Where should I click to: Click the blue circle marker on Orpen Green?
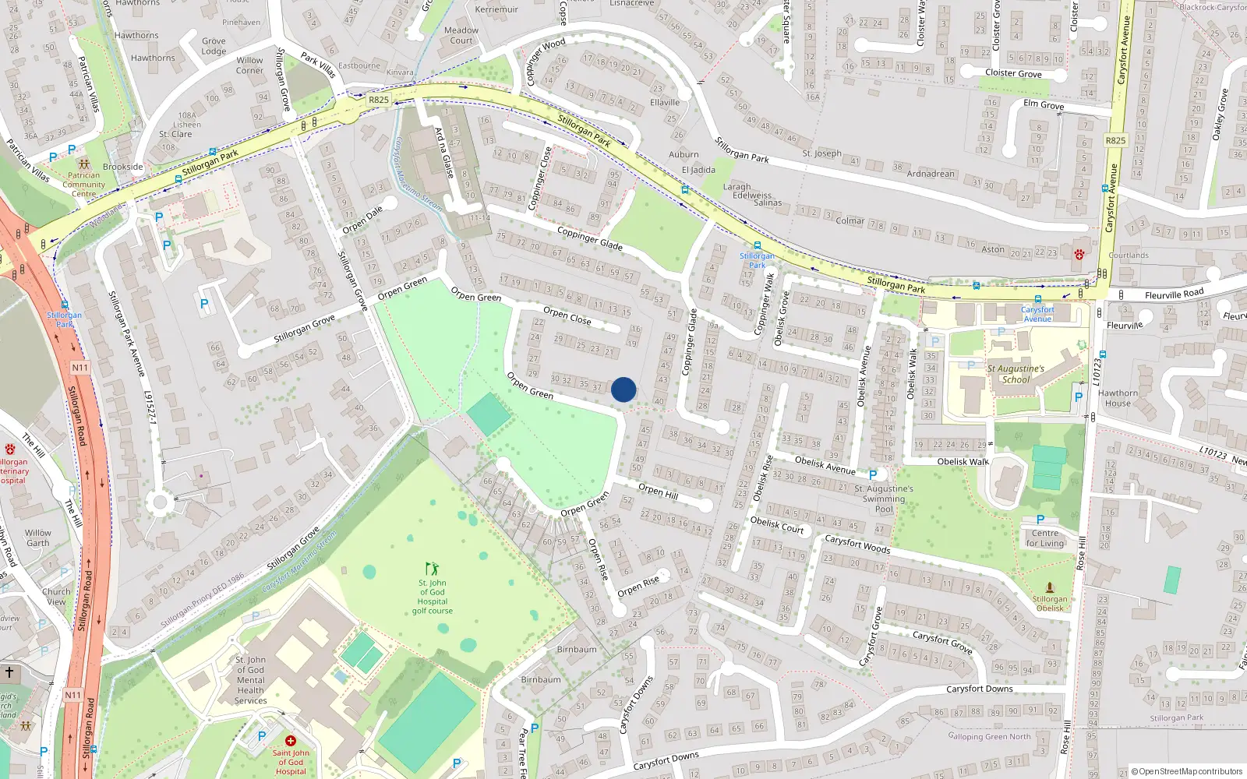(x=623, y=389)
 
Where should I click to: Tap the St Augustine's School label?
(x=1016, y=375)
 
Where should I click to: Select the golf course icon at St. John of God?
(x=432, y=569)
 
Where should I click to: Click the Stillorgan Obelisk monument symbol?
(x=1050, y=588)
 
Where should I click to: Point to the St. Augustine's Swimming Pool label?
(x=884, y=499)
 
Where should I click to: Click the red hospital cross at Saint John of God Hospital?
(x=291, y=741)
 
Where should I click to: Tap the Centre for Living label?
(x=1045, y=538)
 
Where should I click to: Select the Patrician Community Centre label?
(x=83, y=185)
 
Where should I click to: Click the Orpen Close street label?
(x=567, y=315)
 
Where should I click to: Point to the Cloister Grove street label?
(x=1013, y=73)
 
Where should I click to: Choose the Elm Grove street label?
(x=1044, y=104)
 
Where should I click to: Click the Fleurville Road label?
(x=1174, y=294)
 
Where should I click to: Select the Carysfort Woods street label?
(x=857, y=544)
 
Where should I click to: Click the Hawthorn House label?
(x=1118, y=398)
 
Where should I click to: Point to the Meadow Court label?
(x=461, y=35)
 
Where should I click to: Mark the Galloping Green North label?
(x=989, y=736)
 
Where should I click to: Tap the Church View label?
(x=56, y=597)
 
